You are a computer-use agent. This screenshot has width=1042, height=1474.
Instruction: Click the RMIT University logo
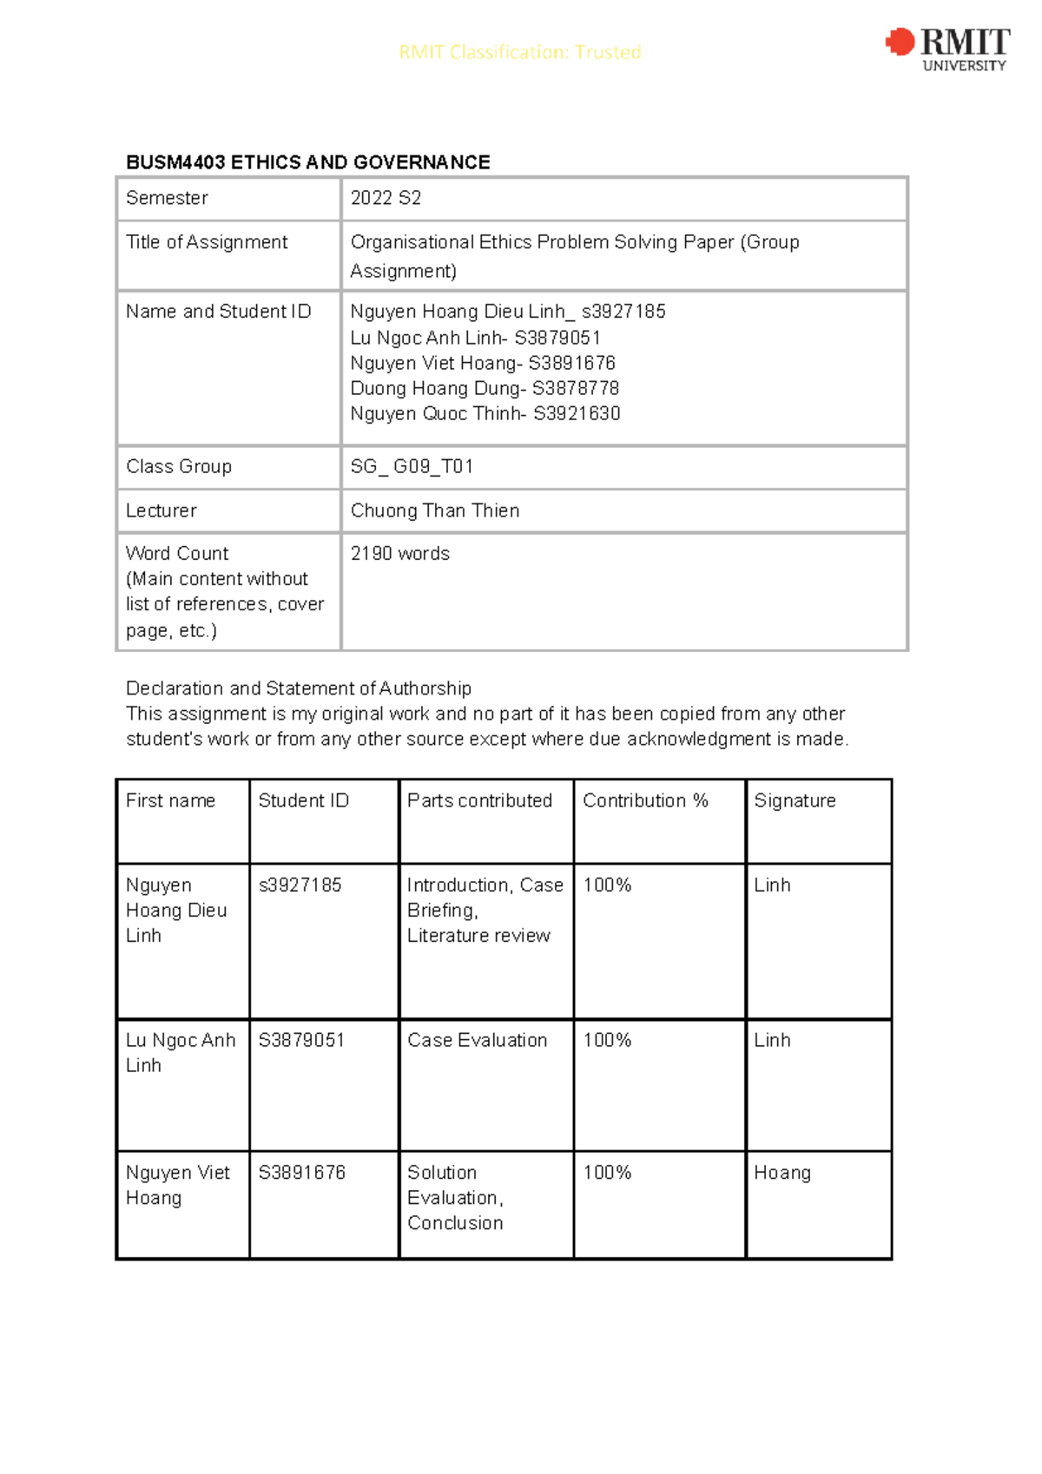pyautogui.click(x=947, y=49)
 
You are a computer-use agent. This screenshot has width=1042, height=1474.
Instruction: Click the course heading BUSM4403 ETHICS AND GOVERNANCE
pyautogui.click(x=307, y=162)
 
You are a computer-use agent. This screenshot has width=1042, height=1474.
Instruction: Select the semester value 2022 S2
pyautogui.click(x=386, y=198)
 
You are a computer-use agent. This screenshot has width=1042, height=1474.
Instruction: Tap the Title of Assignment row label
pyautogui.click(x=207, y=242)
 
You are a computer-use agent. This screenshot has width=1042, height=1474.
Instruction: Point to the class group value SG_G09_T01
pyautogui.click(x=412, y=467)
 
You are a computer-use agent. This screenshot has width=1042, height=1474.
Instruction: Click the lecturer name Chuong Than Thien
pyautogui.click(x=435, y=510)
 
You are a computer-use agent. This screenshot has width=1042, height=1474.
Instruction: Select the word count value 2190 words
pyautogui.click(x=399, y=554)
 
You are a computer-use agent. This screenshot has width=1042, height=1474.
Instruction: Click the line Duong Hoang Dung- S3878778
pyautogui.click(x=485, y=388)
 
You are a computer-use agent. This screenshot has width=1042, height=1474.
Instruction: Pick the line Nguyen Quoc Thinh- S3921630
pyautogui.click(x=485, y=414)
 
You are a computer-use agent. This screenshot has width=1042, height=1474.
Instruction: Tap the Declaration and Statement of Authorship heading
pyautogui.click(x=298, y=688)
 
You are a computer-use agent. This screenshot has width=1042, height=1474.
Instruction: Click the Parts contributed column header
pyautogui.click(x=479, y=800)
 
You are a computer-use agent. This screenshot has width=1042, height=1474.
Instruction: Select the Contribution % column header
pyautogui.click(x=645, y=800)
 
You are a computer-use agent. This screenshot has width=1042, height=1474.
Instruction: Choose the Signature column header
pyautogui.click(x=795, y=800)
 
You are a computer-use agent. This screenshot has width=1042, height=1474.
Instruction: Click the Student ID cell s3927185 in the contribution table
pyautogui.click(x=300, y=885)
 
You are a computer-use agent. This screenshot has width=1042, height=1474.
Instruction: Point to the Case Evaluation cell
pyautogui.click(x=477, y=1040)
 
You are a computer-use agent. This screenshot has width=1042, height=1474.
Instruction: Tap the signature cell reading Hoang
pyautogui.click(x=781, y=1173)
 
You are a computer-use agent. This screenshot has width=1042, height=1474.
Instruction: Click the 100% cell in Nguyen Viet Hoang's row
pyautogui.click(x=607, y=1173)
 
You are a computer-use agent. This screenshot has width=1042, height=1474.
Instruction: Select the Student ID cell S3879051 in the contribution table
pyautogui.click(x=301, y=1040)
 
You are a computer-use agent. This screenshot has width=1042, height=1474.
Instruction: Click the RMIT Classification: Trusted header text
pyautogui.click(x=519, y=52)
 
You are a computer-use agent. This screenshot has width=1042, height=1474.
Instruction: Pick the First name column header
pyautogui.click(x=170, y=800)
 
